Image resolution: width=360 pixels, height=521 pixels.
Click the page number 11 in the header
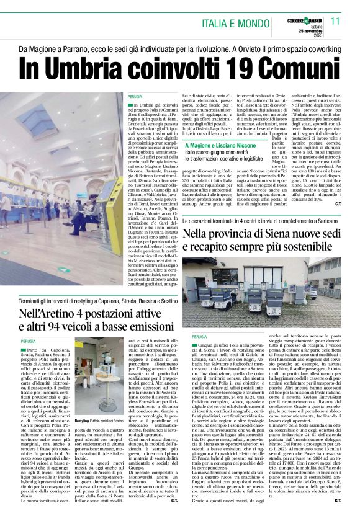coord(335,21)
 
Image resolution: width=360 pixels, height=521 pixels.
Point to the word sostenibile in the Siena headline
coord(292,248)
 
